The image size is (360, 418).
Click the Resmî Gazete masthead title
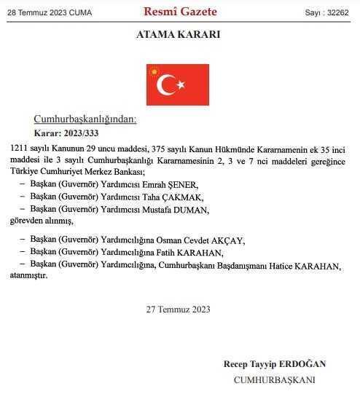tap(180, 12)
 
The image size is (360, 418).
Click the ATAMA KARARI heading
tap(179, 35)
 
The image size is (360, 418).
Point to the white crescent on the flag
tap(168, 85)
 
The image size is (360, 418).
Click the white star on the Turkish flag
tap(180, 85)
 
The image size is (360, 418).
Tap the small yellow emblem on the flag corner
tap(154, 71)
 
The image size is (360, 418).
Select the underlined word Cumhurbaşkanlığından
tap(85, 119)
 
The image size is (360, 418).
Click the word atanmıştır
tap(31, 276)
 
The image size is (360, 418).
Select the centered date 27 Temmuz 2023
tap(179, 309)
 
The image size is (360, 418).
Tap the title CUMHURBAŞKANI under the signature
tap(274, 379)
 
